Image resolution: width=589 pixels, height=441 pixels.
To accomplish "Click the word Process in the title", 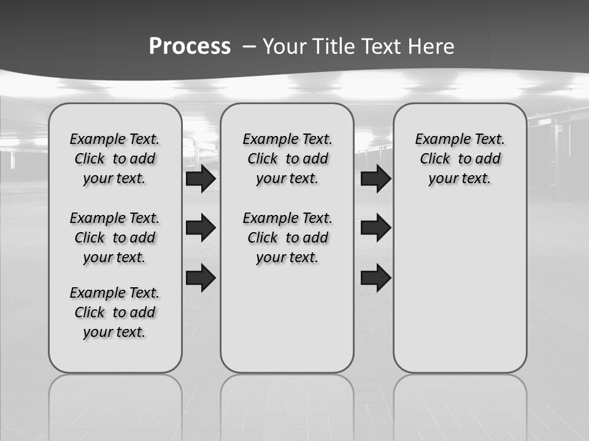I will coord(190,46).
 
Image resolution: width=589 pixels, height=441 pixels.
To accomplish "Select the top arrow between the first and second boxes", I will coord(201,179).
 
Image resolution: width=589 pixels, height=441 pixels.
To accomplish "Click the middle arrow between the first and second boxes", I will coord(201,228).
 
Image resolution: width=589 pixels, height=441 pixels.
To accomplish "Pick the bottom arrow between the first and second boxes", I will coord(201,277).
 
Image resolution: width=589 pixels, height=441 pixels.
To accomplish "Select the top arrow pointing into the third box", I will coord(375,179).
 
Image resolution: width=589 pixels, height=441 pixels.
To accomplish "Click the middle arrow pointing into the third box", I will coord(375,228).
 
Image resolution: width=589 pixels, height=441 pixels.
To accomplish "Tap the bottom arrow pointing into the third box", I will coord(375,277).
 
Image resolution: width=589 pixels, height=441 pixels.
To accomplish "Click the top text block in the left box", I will coord(115,159).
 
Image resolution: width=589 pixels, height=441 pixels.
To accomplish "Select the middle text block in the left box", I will coord(115,238).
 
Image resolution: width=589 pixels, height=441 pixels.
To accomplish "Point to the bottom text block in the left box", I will coord(115,312).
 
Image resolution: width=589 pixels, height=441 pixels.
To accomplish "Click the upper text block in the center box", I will coord(287,159).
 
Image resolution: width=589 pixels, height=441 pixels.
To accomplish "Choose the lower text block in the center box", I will coord(287,238).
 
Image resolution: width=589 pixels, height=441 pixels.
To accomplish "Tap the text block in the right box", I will coord(460,159).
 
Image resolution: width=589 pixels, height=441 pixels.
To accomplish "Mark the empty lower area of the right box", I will coord(460,288).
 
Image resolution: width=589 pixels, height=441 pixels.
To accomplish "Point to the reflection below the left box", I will coord(115,404).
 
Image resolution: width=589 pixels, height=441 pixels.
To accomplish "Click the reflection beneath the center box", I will coord(287,404).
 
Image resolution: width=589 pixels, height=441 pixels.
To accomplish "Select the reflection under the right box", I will coord(460,404).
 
